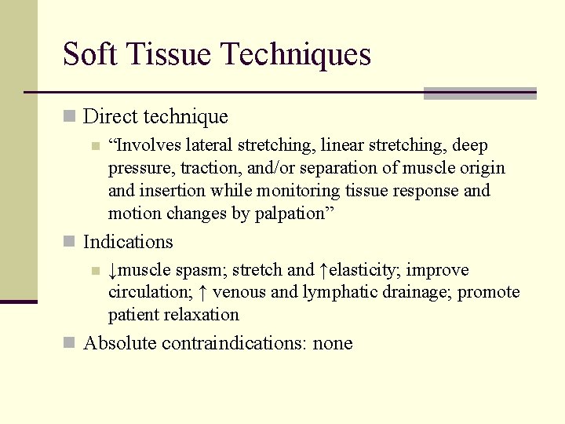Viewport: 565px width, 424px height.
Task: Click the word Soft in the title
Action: pos(88,54)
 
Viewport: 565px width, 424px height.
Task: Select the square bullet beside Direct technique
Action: pos(70,117)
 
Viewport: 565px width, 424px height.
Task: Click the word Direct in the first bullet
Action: pos(108,117)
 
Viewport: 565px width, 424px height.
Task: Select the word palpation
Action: pos(292,213)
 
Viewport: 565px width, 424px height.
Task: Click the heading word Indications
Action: pos(128,242)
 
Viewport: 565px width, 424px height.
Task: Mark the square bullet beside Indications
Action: pos(70,242)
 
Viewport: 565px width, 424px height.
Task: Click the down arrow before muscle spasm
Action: pos(114,270)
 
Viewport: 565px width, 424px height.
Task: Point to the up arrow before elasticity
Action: pos(323,270)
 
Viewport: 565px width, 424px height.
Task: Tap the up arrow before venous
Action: pos(202,293)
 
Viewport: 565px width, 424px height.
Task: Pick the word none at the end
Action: pos(333,343)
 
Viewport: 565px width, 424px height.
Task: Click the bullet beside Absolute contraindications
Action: pos(70,343)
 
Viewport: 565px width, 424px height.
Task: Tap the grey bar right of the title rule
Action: pos(479,93)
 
